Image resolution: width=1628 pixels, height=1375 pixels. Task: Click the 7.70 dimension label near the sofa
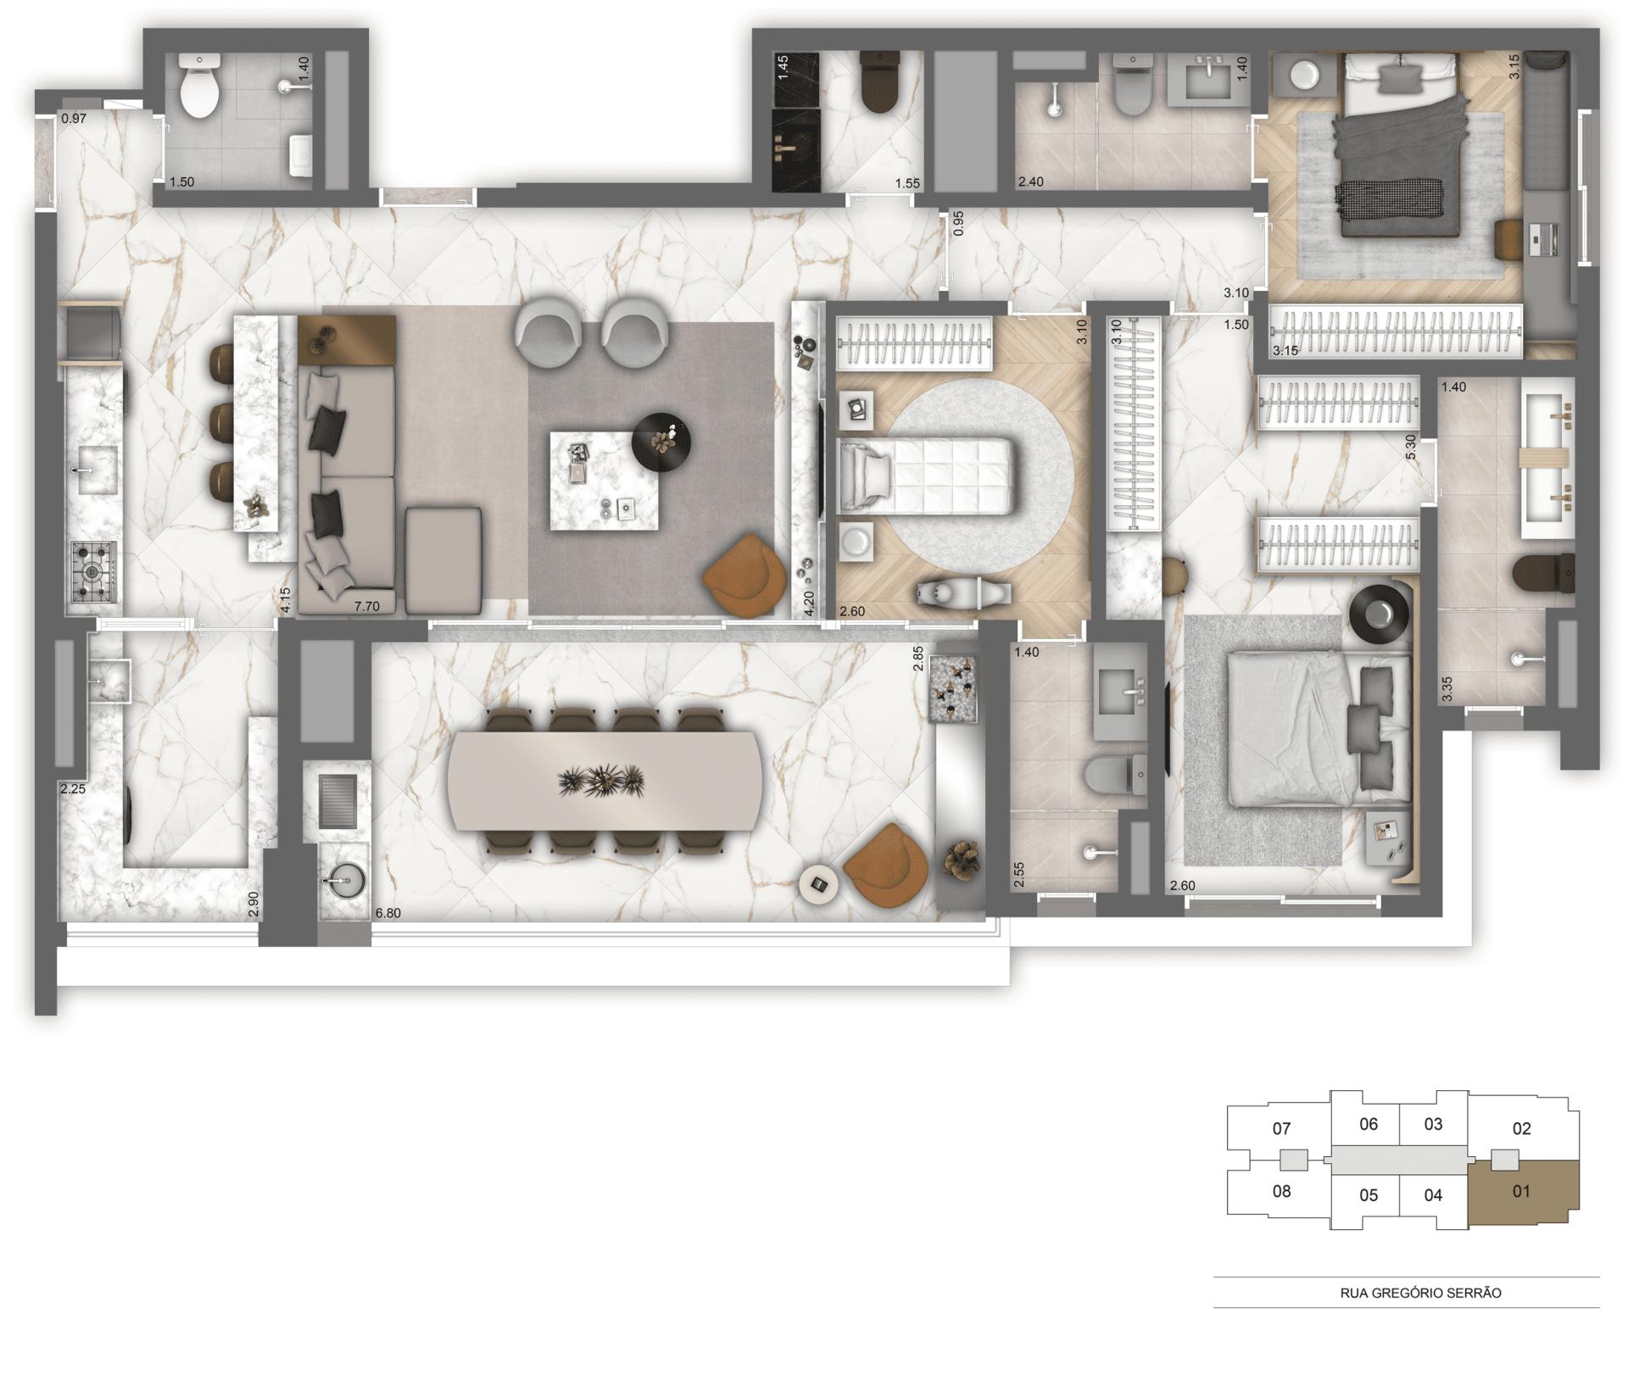click(366, 606)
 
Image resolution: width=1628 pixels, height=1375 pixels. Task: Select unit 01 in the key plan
click(1522, 1192)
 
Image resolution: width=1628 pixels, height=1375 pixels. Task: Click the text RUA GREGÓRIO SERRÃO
click(1420, 1294)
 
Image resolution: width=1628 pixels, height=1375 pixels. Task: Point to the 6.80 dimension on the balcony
click(387, 914)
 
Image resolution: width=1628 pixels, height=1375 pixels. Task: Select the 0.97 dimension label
click(75, 120)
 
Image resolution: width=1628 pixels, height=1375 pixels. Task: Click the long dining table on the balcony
click(605, 781)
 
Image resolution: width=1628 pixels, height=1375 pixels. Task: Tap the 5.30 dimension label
click(1411, 447)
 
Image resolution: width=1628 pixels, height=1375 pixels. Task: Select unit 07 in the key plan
click(1281, 1128)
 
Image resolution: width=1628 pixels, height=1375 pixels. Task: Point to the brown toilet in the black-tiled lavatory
click(879, 83)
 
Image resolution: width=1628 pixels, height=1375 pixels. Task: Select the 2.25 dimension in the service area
click(72, 789)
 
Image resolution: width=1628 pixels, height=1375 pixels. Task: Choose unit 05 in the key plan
click(1369, 1195)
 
